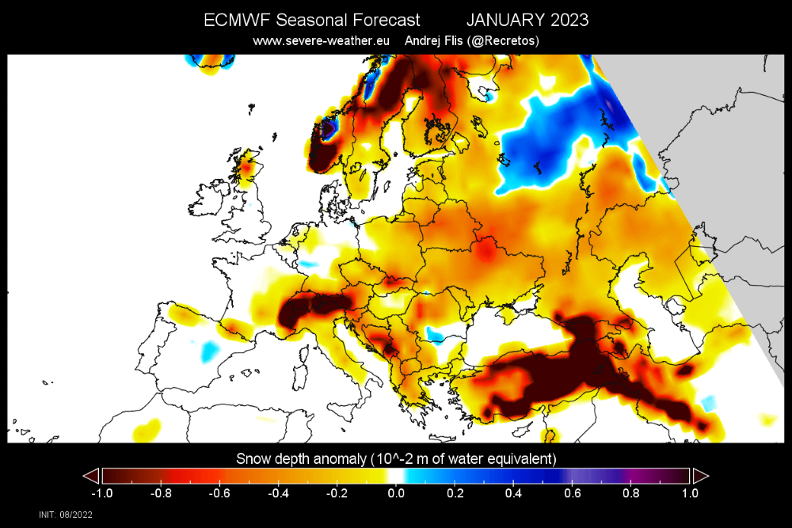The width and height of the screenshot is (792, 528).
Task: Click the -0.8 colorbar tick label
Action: click(159, 493)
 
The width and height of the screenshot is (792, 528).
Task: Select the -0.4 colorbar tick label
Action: click(277, 493)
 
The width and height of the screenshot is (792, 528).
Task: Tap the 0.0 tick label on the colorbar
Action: click(396, 493)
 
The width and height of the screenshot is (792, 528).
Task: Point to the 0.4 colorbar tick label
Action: click(513, 493)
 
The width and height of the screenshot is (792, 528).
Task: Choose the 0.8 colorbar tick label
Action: click(630, 493)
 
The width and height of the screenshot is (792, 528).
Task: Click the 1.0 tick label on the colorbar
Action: click(690, 493)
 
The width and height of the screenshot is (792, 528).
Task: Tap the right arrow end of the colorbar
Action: click(700, 475)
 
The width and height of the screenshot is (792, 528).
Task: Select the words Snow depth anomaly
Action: click(299, 458)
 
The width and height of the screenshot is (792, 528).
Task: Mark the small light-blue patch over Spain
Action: click(209, 348)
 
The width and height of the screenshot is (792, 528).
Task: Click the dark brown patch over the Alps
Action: click(313, 310)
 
